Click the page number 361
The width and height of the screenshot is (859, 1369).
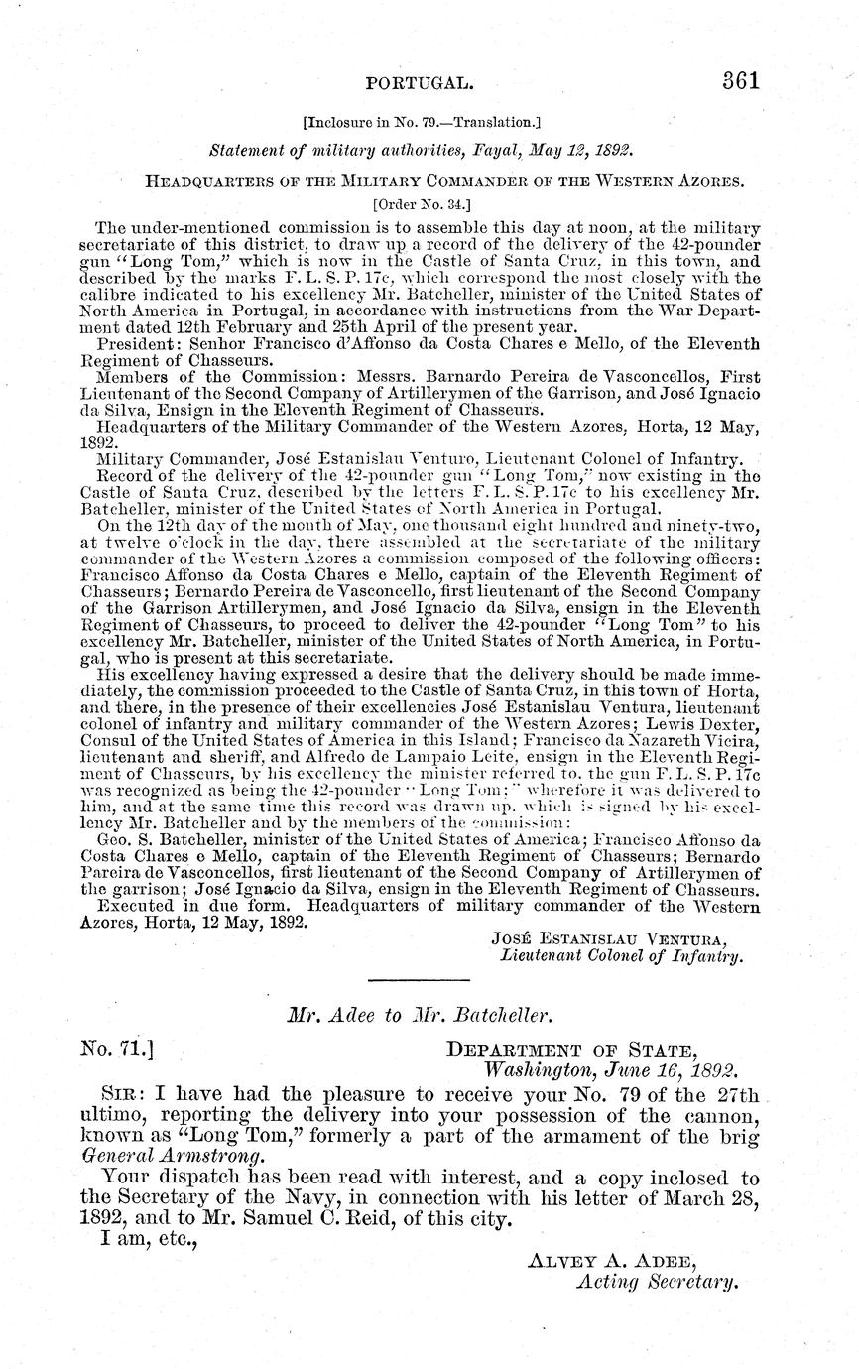[x=740, y=81]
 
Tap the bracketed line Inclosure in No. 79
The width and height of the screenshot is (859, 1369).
[x=421, y=124]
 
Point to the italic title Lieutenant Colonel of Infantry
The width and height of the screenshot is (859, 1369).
[x=621, y=956]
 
